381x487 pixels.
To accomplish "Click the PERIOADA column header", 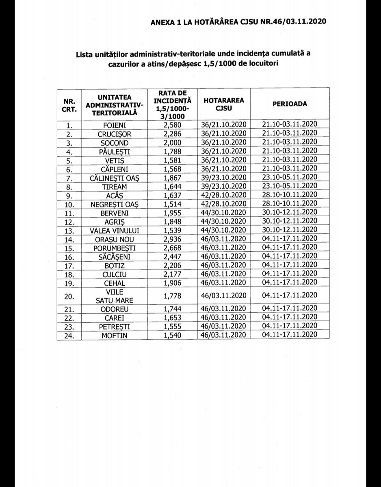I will (289, 103).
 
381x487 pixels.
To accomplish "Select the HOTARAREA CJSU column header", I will (224, 103).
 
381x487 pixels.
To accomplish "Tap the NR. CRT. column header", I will (69, 104).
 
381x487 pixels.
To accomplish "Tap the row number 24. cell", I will (69, 336).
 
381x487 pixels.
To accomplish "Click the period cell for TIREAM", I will (289, 186).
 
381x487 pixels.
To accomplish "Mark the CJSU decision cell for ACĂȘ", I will (224, 195).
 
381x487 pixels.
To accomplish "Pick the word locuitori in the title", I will (263, 64).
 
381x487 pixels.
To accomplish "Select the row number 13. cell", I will (69, 230).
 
